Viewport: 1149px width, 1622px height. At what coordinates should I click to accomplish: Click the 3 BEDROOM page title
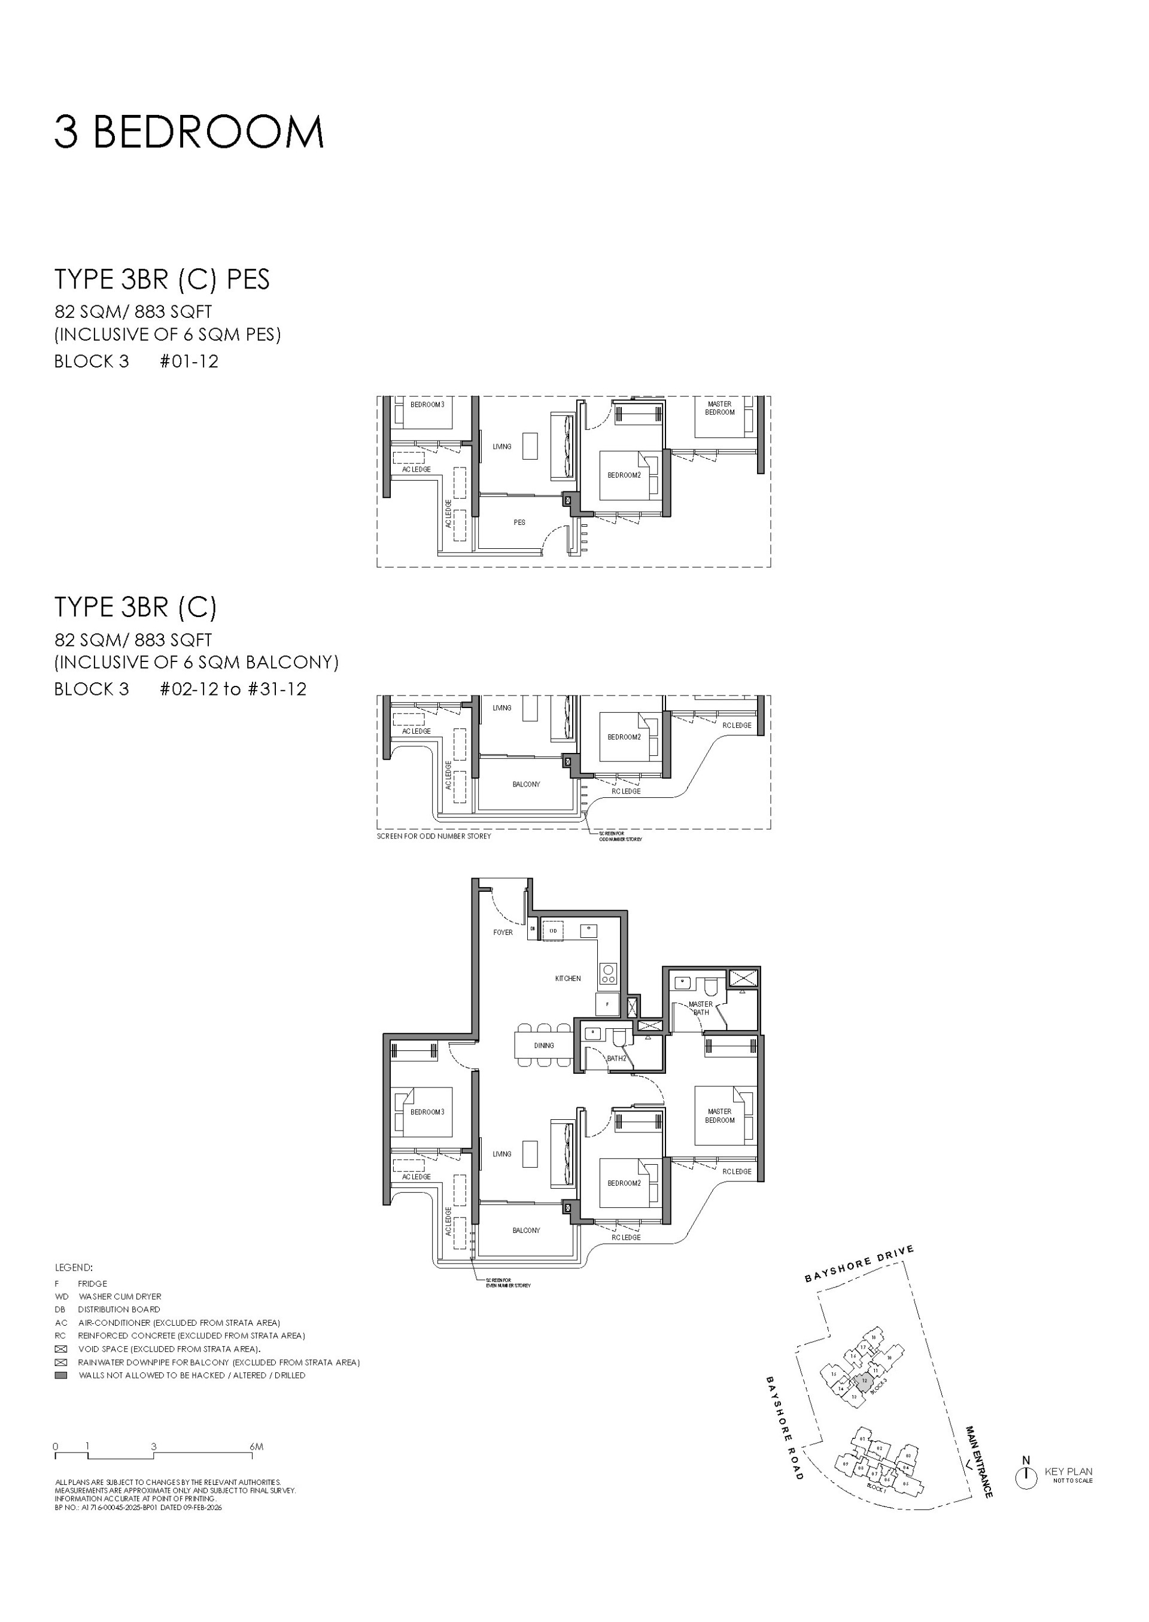click(189, 132)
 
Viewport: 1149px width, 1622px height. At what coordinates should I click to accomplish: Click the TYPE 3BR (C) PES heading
click(162, 280)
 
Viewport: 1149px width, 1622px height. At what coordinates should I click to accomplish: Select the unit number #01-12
click(189, 361)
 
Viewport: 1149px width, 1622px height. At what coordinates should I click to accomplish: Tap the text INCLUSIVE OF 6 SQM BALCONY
click(197, 663)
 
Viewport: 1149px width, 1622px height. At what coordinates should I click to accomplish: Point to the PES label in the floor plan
click(519, 523)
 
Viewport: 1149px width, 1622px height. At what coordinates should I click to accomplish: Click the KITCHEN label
click(567, 978)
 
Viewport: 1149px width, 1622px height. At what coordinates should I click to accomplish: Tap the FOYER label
click(503, 932)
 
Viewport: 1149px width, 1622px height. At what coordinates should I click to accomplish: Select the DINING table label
click(543, 1045)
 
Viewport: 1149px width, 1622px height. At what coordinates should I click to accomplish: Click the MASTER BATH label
click(700, 1008)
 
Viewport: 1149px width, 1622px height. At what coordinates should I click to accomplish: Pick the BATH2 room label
click(616, 1059)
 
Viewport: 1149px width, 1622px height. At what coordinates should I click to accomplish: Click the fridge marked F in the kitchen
click(607, 1004)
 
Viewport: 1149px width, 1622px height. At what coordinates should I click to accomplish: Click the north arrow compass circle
click(1026, 1478)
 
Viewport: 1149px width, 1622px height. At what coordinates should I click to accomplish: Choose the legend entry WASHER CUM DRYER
click(120, 1296)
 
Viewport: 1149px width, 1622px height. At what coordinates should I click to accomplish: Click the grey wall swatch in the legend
click(62, 1375)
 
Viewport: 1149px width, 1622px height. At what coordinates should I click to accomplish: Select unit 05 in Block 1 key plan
click(906, 1484)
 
